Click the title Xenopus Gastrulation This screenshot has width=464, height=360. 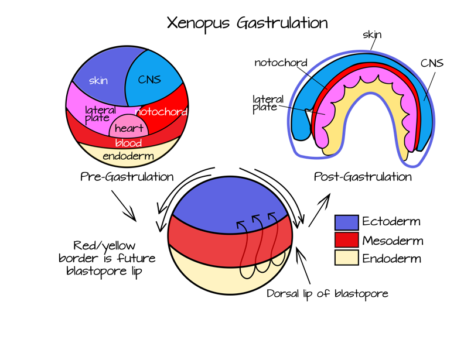click(247, 23)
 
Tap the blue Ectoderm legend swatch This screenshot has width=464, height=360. click(346, 222)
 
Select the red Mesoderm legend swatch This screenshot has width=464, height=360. click(346, 240)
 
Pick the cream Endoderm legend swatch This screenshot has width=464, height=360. click(346, 258)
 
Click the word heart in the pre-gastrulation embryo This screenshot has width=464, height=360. click(129, 128)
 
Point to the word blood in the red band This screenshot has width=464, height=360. click(128, 143)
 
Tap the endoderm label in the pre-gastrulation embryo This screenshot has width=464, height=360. click(128, 156)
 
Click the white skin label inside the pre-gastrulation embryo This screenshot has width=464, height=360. click(98, 81)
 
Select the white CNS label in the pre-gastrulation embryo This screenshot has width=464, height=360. click(149, 80)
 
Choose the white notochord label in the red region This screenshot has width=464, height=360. click(161, 111)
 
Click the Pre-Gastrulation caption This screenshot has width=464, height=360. click(127, 176)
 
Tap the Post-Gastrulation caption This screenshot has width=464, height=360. click(363, 176)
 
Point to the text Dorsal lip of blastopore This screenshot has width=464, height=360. click(327, 293)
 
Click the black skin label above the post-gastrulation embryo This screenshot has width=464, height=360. click(371, 35)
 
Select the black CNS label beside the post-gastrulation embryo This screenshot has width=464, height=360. click(431, 63)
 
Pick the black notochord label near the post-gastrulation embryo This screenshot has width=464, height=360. click(281, 63)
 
